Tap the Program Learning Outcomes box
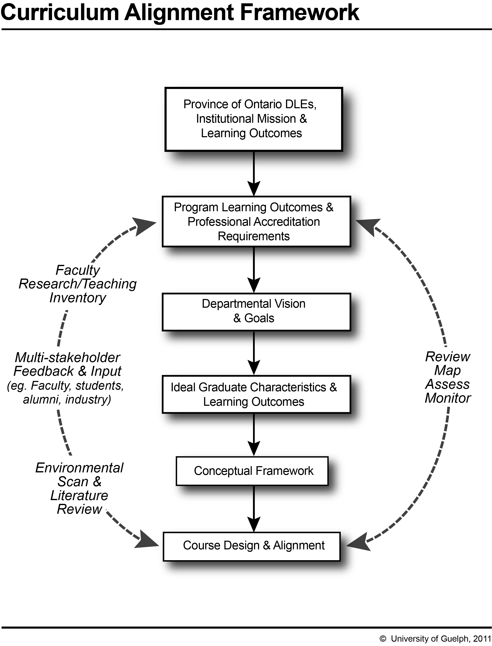tap(256, 222)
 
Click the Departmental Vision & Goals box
tap(256, 312)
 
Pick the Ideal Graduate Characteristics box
tap(256, 394)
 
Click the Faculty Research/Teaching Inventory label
tap(78, 284)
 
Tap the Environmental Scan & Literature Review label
tap(79, 488)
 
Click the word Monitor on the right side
tap(448, 398)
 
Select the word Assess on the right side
tap(448, 384)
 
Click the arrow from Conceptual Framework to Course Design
tap(254, 509)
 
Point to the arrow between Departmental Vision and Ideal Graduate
tap(254, 353)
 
